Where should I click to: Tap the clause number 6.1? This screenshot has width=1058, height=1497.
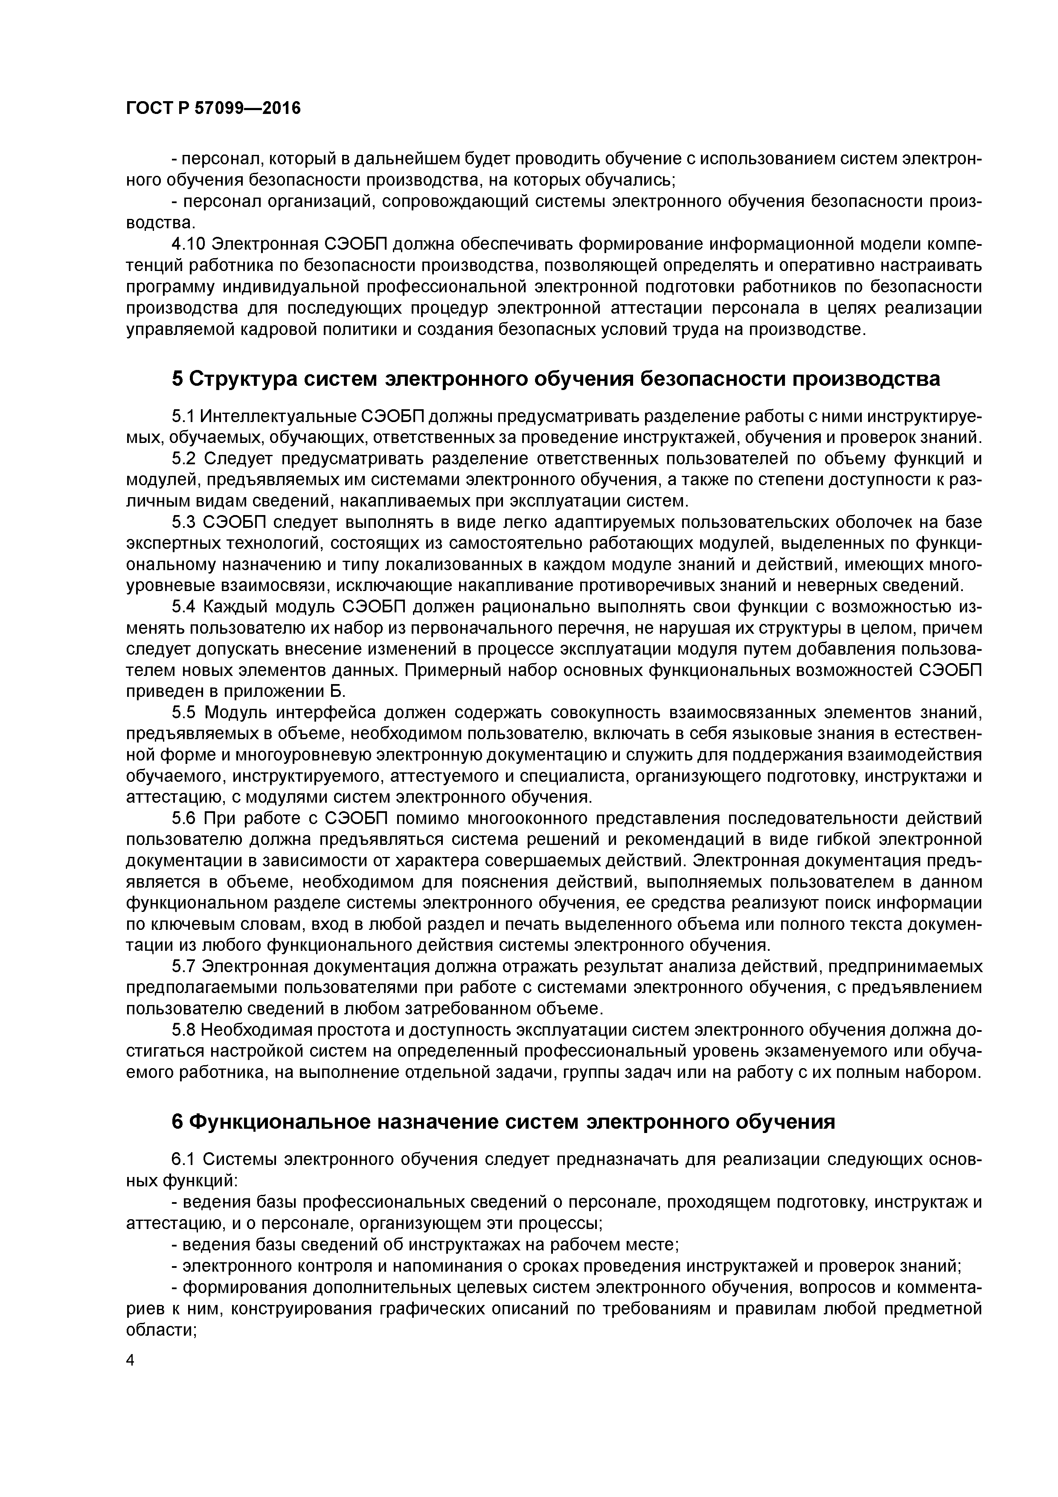click(183, 1159)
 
